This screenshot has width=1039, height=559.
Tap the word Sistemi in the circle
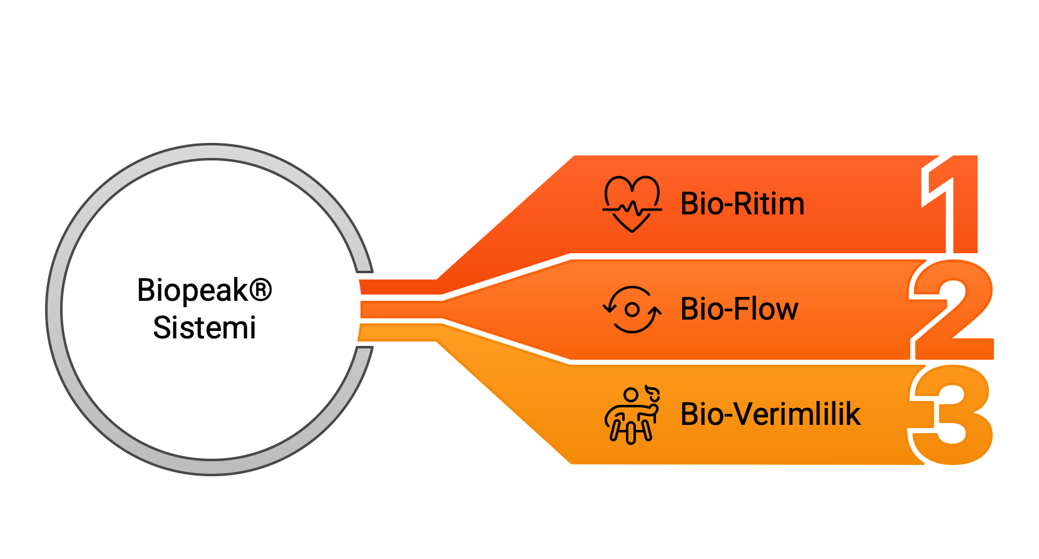click(205, 328)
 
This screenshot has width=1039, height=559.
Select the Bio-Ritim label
click(742, 204)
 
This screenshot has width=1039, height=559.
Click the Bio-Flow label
click(739, 309)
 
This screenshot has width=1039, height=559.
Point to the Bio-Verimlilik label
click(770, 414)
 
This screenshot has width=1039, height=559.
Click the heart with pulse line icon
click(632, 204)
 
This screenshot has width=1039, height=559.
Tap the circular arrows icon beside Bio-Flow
click(632, 309)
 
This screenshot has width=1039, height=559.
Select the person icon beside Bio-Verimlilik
click(632, 415)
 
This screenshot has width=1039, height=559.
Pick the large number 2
click(952, 310)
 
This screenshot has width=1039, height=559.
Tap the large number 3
click(951, 415)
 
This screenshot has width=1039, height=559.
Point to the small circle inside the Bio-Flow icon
click(632, 310)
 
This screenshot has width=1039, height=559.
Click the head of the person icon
click(631, 395)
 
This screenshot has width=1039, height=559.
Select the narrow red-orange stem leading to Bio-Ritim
click(399, 287)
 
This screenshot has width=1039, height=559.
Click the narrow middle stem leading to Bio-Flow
click(402, 310)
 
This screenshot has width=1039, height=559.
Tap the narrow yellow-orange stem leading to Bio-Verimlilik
click(398, 333)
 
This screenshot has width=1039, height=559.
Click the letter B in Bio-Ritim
click(688, 204)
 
